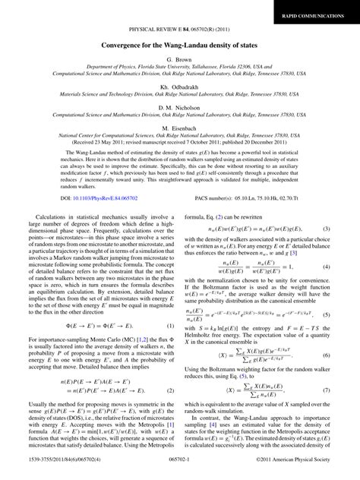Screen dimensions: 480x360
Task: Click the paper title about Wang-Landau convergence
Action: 180,45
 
